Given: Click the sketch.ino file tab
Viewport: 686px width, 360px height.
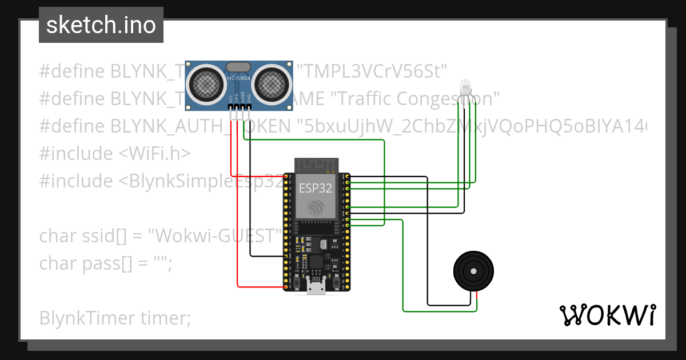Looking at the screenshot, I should pyautogui.click(x=101, y=25).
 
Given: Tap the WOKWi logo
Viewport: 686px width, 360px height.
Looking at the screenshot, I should pyautogui.click(x=607, y=315).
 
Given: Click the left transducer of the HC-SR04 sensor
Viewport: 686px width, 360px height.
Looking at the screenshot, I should pyautogui.click(x=205, y=83).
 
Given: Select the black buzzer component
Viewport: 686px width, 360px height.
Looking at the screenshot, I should pyautogui.click(x=473, y=272).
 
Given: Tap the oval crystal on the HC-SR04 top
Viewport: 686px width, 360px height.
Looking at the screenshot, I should pyautogui.click(x=238, y=67).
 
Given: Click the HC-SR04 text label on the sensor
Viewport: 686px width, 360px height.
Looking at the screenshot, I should pyautogui.click(x=238, y=78).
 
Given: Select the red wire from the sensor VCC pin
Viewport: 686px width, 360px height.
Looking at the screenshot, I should pyautogui.click(x=231, y=149).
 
